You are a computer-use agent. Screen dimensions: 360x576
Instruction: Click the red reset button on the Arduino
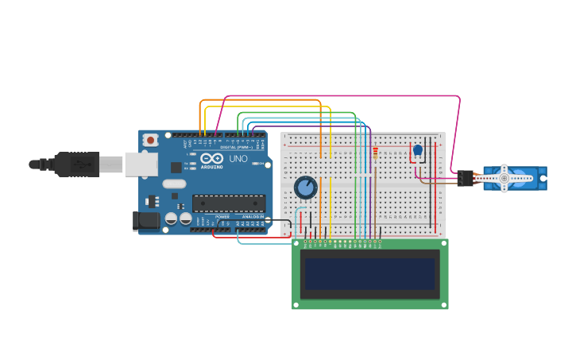[150, 140]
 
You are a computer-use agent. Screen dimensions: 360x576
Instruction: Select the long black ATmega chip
[229, 204]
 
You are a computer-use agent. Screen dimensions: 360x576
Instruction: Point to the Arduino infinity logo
[211, 159]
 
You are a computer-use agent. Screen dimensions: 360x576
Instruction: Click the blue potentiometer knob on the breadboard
[306, 188]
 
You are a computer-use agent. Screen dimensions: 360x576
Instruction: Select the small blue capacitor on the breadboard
[418, 149]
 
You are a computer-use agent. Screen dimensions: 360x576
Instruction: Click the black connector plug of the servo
[465, 179]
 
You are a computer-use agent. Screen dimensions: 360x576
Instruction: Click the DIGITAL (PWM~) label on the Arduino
[236, 147]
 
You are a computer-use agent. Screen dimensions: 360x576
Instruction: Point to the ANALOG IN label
[253, 216]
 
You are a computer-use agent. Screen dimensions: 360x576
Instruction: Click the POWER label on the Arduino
[222, 216]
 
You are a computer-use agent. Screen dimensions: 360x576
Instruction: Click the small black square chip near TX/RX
[176, 167]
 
